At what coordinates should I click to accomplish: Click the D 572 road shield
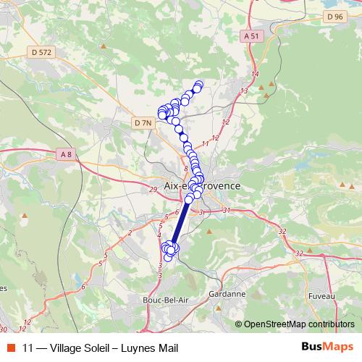point(43,51)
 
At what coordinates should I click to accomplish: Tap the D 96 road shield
point(334,16)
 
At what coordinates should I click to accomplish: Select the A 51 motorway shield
point(251,35)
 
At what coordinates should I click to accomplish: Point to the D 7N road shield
point(143,124)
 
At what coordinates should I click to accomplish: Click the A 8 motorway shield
point(66,154)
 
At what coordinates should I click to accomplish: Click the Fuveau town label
point(321,295)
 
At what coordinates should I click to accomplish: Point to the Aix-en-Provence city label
point(203,186)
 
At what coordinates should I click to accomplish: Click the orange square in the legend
point(12,348)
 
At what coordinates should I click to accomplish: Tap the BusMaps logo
point(327,347)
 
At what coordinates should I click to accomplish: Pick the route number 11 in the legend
point(28,348)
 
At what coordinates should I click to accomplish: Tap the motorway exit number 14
point(255,75)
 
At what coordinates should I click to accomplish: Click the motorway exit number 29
point(152,190)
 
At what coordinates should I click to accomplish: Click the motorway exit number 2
point(130,232)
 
